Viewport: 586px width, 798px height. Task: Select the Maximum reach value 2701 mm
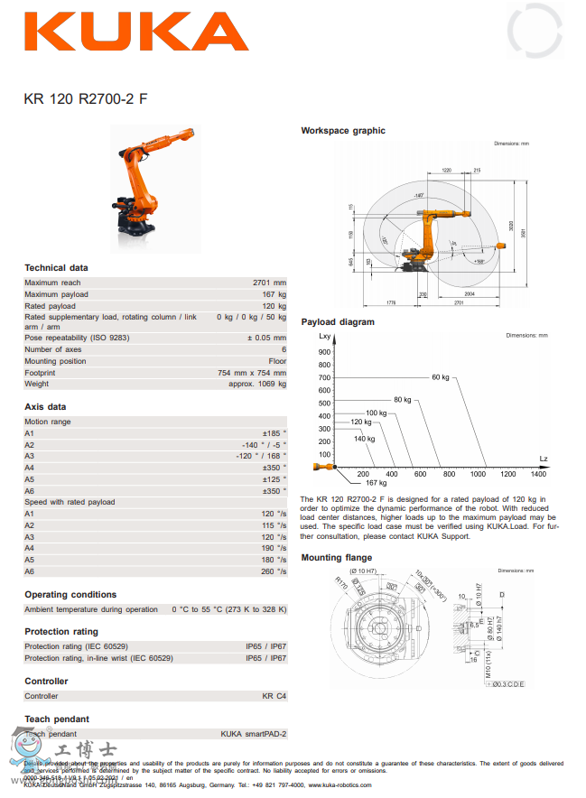[x=269, y=283]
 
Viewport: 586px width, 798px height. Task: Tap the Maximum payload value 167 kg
[x=274, y=294]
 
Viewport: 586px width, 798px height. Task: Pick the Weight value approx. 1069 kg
[x=257, y=384]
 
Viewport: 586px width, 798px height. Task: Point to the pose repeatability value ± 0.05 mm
[x=266, y=338]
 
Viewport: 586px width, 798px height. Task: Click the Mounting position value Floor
[x=277, y=361]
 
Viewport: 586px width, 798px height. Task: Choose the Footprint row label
[x=40, y=372]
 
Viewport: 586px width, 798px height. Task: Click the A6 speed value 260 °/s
[x=274, y=571]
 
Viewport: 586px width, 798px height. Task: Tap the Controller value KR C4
[x=274, y=696]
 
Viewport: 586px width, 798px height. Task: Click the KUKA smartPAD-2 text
[x=254, y=734]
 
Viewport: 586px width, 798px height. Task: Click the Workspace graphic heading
[x=342, y=131]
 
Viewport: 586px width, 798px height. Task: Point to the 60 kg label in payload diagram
[x=440, y=377]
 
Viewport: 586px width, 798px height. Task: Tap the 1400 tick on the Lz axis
[x=537, y=474]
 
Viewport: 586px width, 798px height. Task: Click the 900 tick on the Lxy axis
[x=324, y=352]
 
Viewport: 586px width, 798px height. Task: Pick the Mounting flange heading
[x=337, y=558]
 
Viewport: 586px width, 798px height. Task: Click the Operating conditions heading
[x=70, y=595]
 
